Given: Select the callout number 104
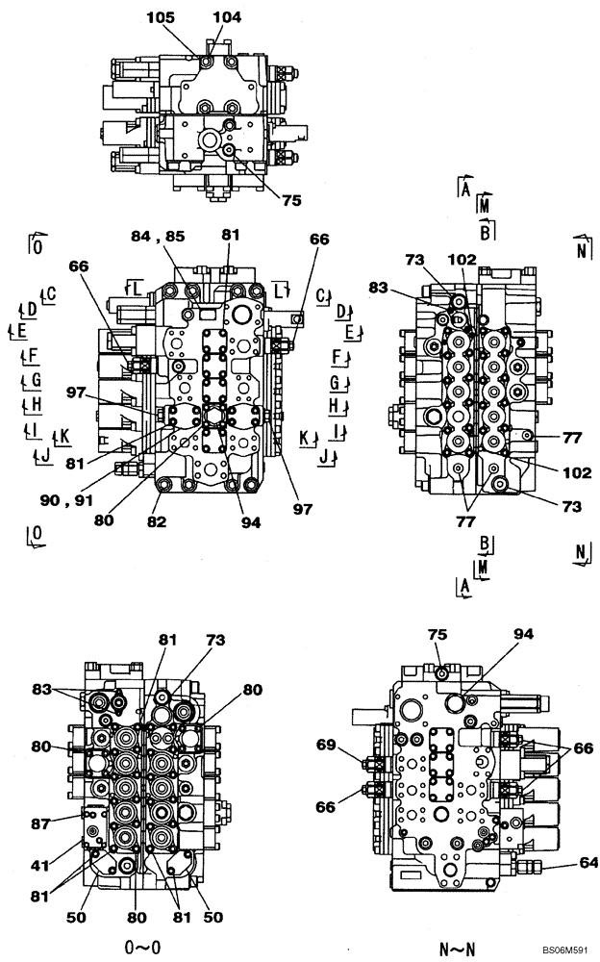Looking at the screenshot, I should click(227, 17).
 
